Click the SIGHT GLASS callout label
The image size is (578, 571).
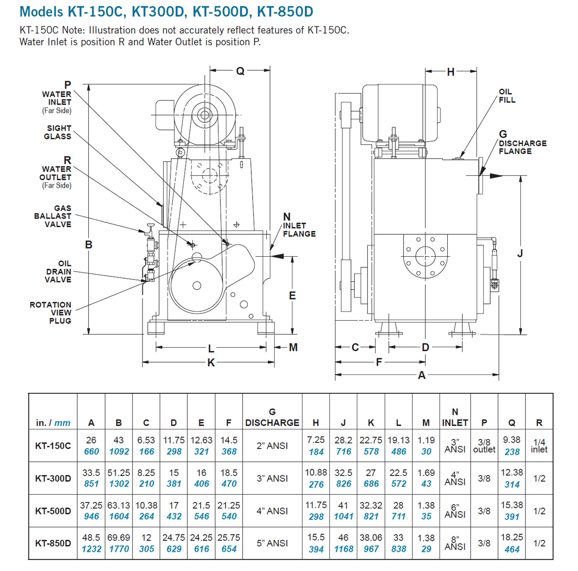coord(58,132)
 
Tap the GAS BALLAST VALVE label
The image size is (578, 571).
coord(53,216)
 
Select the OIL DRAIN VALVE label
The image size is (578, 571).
coord(58,271)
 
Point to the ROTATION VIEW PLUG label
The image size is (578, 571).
coord(51,312)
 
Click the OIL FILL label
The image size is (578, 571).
coord(507,96)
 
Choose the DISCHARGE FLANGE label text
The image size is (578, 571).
coord(522,147)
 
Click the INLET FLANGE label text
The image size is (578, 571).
coord(299,230)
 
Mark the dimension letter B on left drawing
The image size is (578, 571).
coord(89,245)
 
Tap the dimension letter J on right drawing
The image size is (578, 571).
coord(520,254)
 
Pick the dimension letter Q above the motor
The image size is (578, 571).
coord(240,71)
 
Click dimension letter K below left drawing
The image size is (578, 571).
coord(211,363)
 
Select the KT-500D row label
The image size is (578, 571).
coord(53,511)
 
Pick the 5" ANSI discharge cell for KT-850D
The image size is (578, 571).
coord(272,543)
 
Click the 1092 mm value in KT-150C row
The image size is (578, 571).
coord(119,451)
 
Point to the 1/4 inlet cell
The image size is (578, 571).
coord(539,446)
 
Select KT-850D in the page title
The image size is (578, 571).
coord(285,11)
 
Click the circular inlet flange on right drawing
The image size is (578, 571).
coord(425,256)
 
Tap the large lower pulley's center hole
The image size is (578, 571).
coord(197,285)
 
